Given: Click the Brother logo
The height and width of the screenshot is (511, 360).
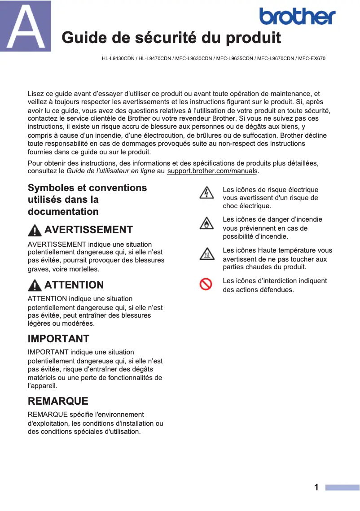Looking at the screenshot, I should [x=297, y=17].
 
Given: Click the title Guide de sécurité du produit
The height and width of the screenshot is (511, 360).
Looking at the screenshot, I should [x=171, y=38].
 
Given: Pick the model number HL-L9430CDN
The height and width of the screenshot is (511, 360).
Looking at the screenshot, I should [x=118, y=58].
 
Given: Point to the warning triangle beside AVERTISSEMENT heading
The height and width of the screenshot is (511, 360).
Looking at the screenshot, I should [x=35, y=231].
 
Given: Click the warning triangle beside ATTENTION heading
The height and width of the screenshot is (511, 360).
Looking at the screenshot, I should [x=35, y=285].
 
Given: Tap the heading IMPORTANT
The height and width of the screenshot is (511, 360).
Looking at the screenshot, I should [x=58, y=339].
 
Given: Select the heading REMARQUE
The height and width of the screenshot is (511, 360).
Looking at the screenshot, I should [x=58, y=401].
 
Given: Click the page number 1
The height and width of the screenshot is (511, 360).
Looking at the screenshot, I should [x=316, y=487].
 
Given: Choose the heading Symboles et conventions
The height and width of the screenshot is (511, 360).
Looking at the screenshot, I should [x=87, y=188].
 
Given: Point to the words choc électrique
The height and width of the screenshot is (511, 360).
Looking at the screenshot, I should [x=246, y=206].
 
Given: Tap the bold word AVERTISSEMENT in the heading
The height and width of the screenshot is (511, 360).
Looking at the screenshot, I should [x=88, y=230].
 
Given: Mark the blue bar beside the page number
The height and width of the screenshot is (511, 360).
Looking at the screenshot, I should [x=342, y=488].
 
